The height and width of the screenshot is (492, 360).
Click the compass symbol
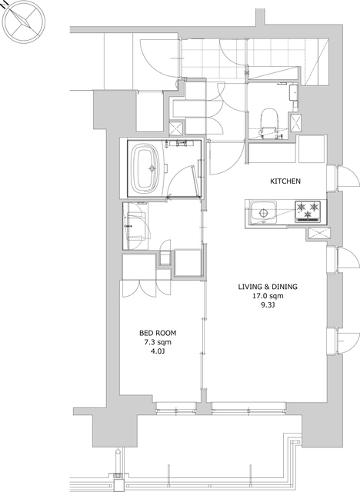coord(24,22)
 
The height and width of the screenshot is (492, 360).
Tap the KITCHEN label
coord(285,181)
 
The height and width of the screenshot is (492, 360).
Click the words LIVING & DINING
coord(268,287)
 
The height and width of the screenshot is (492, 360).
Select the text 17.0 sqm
coord(268,295)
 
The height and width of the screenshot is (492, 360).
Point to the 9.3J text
coord(268,304)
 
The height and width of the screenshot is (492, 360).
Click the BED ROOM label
coord(158,333)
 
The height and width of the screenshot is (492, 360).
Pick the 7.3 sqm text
coord(158,342)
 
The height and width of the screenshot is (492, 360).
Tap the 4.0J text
coord(158,351)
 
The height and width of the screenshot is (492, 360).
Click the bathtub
coord(146,168)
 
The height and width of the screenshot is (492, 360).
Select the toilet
coord(269,122)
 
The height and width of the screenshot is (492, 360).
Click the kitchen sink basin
coord(263,212)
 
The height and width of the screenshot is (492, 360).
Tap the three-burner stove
coord(308,212)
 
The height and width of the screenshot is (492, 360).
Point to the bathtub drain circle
coord(152,168)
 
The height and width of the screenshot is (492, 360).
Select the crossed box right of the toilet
coord(296,123)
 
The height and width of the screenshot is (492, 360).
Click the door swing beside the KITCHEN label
coord(348,178)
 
